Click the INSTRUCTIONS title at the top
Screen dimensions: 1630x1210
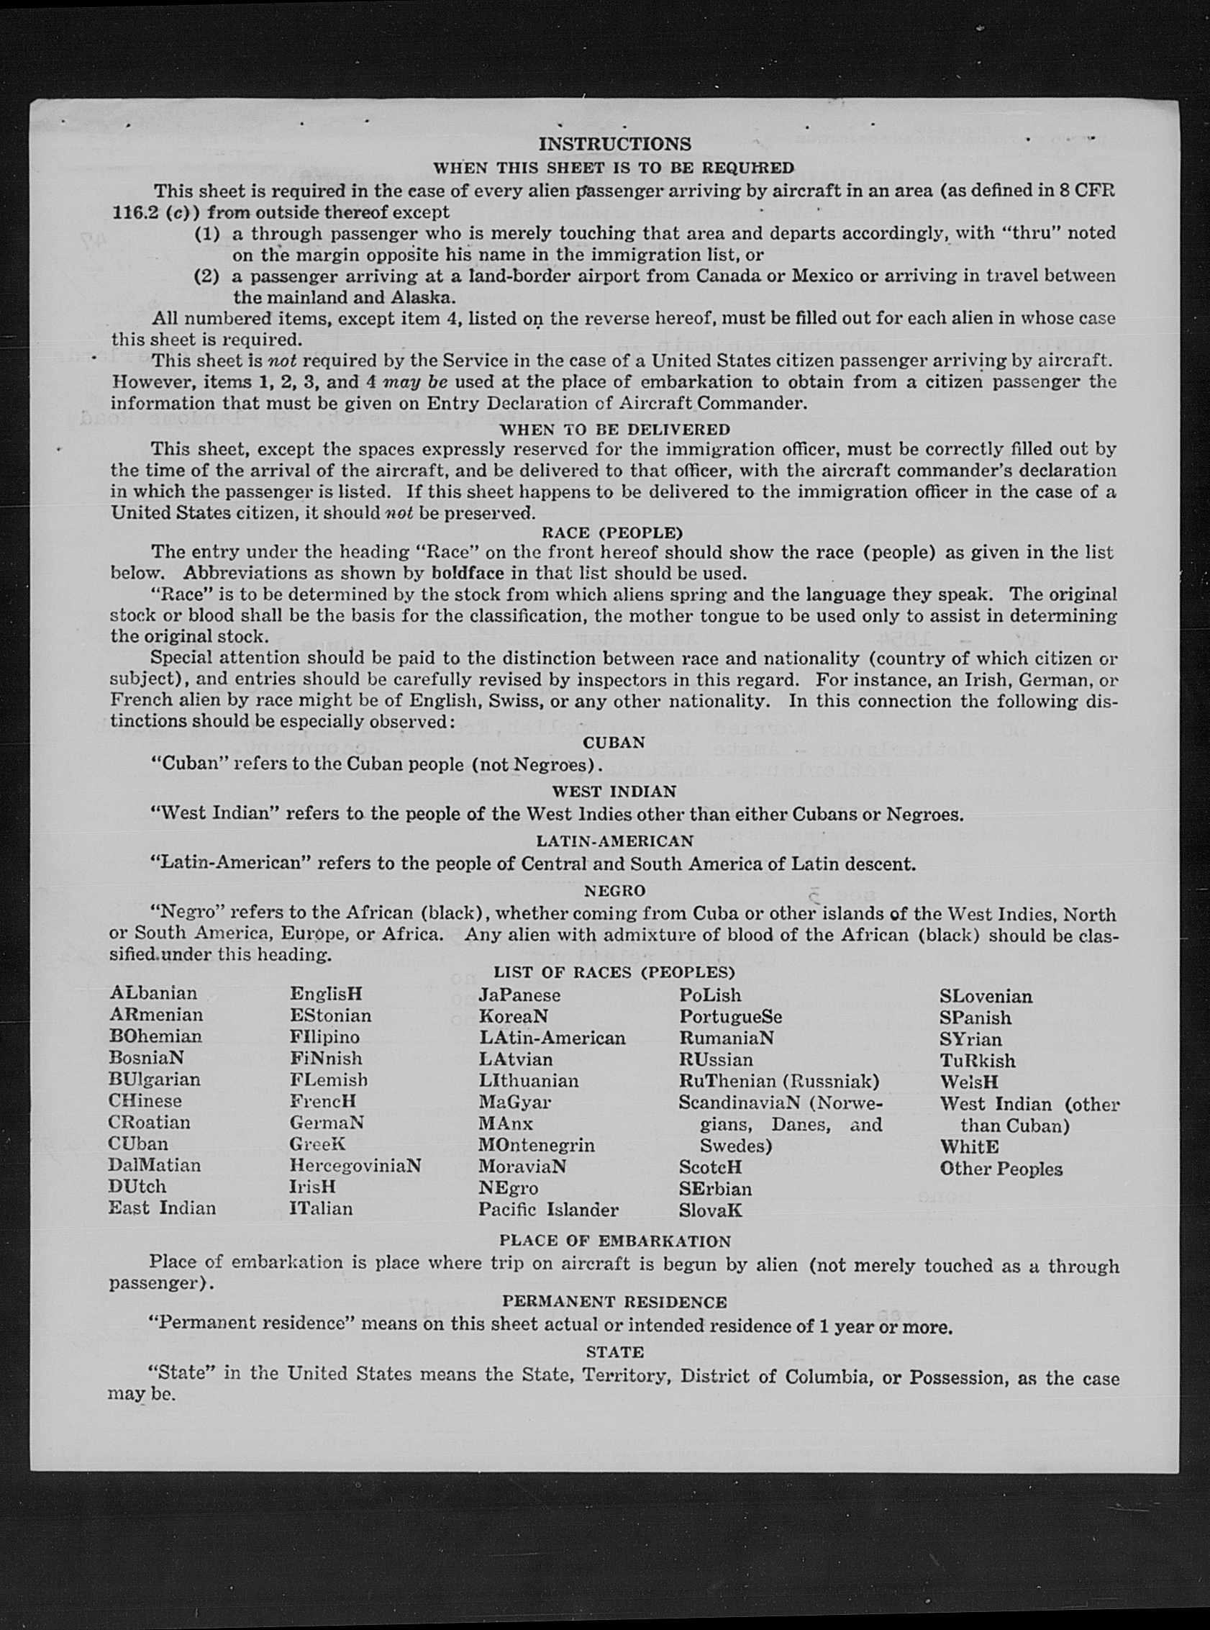(614, 144)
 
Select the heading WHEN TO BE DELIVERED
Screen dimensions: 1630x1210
(614, 430)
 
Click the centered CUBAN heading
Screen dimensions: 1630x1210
(614, 742)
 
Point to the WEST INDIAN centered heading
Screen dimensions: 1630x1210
(614, 791)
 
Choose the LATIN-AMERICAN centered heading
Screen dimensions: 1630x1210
(614, 841)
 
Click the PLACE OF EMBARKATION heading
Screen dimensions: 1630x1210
(614, 1241)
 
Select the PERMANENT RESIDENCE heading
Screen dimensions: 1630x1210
(614, 1302)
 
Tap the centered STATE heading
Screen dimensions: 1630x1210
(614, 1351)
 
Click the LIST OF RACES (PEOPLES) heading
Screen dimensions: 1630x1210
(614, 972)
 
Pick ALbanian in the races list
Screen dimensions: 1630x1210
(153, 993)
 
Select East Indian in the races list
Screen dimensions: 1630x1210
(162, 1208)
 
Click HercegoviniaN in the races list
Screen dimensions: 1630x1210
(355, 1166)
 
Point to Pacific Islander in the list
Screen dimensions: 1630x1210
(548, 1210)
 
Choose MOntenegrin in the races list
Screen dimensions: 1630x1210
(536, 1144)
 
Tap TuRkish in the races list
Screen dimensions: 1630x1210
(978, 1061)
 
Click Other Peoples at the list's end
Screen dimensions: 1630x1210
(1001, 1169)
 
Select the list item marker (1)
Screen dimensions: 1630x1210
(206, 234)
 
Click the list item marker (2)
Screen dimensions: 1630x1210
(206, 276)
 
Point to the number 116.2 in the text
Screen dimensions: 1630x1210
(132, 213)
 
